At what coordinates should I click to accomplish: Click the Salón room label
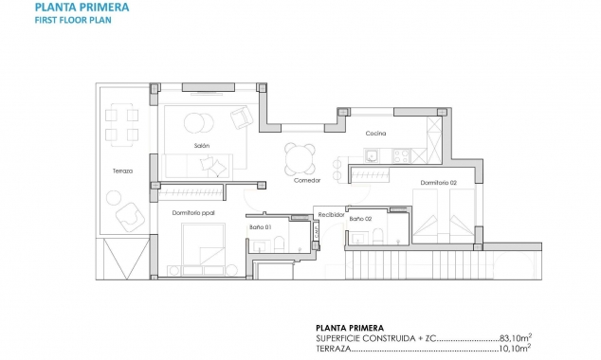pyautogui.click(x=201, y=146)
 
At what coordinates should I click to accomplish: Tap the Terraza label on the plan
pyautogui.click(x=121, y=171)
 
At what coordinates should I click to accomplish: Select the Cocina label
pyautogui.click(x=375, y=134)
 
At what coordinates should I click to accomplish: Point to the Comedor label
pyautogui.click(x=307, y=180)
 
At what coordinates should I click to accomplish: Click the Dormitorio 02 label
pyautogui.click(x=439, y=182)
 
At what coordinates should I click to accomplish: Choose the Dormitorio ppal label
pyautogui.click(x=194, y=213)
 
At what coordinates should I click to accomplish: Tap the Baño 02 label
pyautogui.click(x=360, y=220)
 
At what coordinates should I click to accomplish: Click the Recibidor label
pyautogui.click(x=330, y=214)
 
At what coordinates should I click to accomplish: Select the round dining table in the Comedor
pyautogui.click(x=301, y=157)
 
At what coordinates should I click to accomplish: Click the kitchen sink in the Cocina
pyautogui.click(x=373, y=156)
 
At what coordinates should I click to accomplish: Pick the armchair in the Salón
pyautogui.click(x=241, y=117)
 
